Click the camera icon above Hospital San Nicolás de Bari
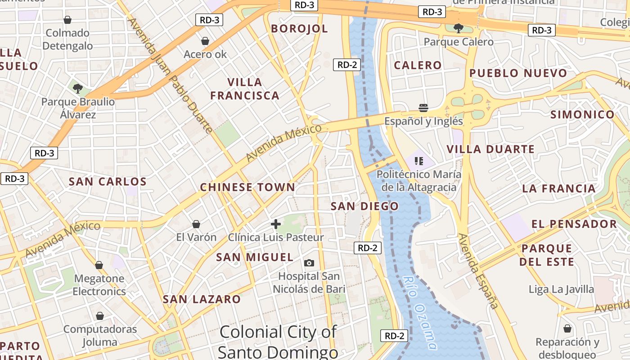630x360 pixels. pos(309,263)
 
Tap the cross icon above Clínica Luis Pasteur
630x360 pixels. pos(276,224)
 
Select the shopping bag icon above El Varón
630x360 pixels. pos(196,224)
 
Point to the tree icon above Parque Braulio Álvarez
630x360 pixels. pos(78,88)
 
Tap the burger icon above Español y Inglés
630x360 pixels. pos(423,108)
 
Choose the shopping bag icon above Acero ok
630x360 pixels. pos(205,41)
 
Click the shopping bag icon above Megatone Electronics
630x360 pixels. pos(99,265)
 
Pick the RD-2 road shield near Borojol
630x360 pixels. pos(347,65)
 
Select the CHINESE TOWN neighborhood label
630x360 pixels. pos(247,187)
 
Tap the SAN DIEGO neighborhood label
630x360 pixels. pos(364,207)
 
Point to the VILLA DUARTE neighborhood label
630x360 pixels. pos(490,149)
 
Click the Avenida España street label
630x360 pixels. pos(478,271)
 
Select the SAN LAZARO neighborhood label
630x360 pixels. pos(202,299)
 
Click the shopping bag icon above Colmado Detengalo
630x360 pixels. pos(67,20)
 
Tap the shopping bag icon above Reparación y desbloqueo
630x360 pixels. pos(567,328)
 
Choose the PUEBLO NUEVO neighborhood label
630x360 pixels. pos(518,73)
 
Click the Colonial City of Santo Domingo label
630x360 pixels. pos(278,342)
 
